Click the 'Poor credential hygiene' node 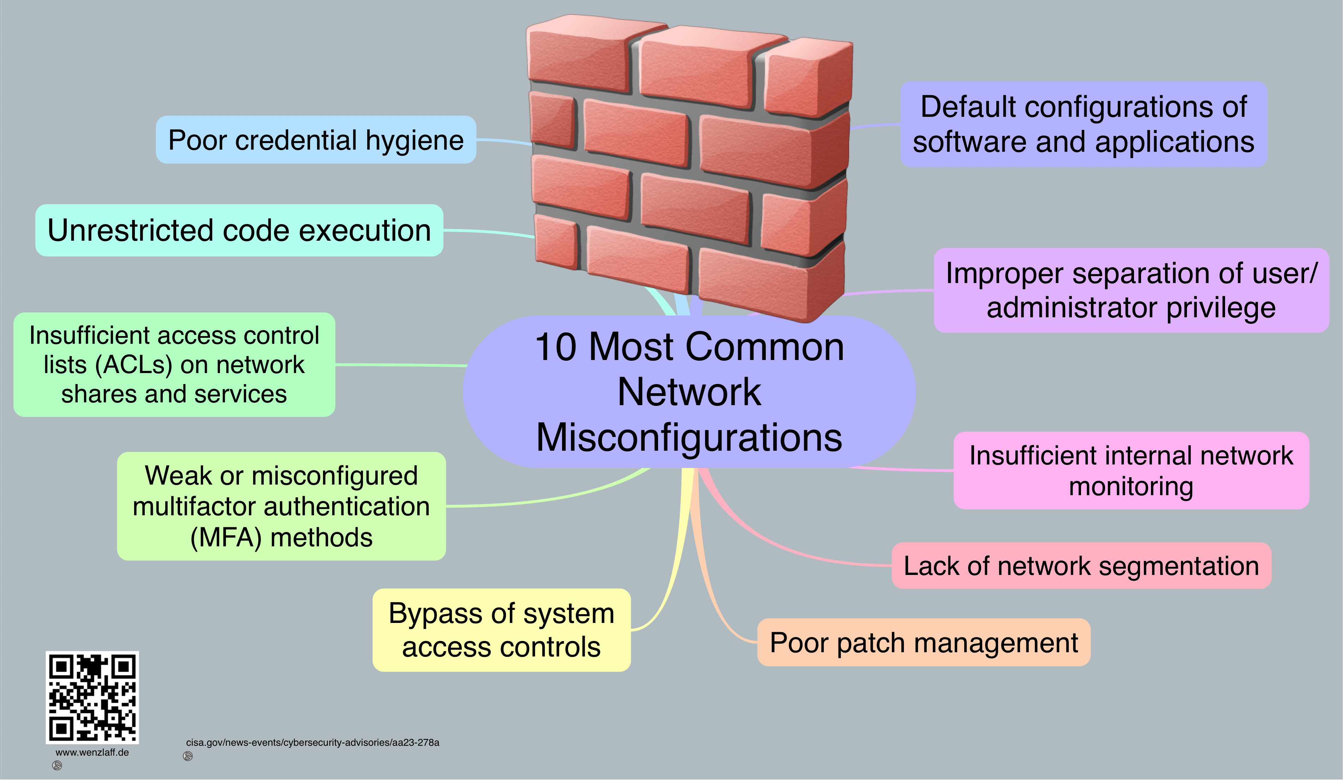[x=316, y=140]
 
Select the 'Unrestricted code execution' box [x=239, y=230]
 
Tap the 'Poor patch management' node [x=924, y=643]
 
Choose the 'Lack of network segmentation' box [x=1081, y=566]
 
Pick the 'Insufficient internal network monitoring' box [x=1131, y=470]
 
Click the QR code [x=92, y=697]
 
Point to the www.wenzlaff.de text [x=92, y=752]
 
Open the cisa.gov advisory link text [x=312, y=742]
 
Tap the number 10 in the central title [x=556, y=347]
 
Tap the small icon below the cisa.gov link [x=187, y=756]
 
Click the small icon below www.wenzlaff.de [x=57, y=766]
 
